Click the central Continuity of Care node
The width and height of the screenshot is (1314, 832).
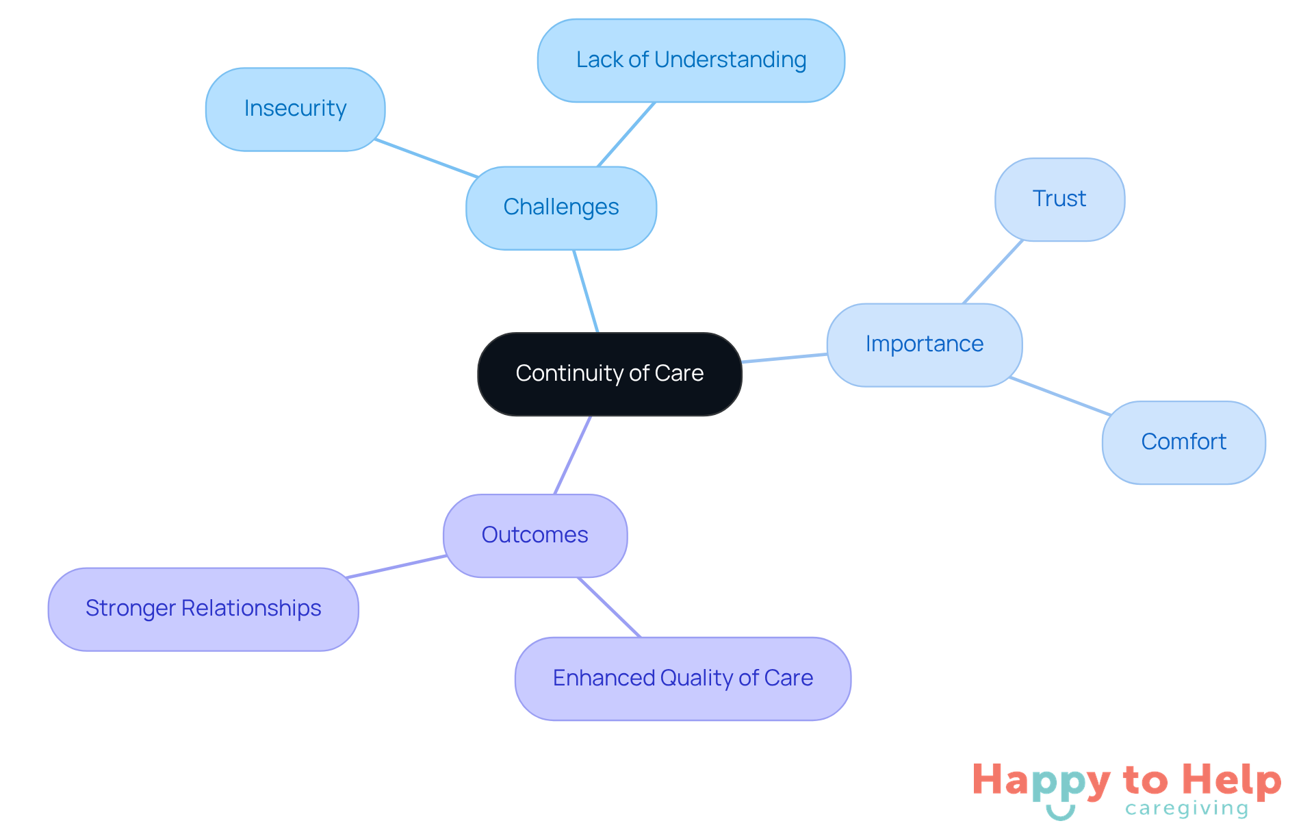point(609,374)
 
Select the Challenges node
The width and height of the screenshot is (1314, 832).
point(561,207)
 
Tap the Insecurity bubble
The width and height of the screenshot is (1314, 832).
point(295,109)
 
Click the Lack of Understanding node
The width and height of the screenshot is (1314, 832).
point(691,60)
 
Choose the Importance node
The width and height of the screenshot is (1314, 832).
point(924,344)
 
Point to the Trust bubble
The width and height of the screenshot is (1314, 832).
point(1059,199)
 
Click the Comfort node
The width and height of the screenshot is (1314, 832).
point(1183,442)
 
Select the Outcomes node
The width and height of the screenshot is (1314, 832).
point(534,535)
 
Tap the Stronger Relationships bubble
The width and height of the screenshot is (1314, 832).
point(203,609)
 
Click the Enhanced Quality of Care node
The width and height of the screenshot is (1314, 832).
point(682,679)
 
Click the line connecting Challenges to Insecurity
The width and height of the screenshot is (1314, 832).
point(426,158)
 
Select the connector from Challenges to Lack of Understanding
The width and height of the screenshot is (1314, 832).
point(626,134)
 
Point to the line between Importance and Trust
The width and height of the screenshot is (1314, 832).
point(992,272)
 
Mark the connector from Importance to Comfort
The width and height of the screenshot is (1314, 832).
point(1059,396)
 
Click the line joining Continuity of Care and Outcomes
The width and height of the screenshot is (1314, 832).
point(572,455)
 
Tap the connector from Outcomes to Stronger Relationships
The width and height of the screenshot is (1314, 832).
point(397,566)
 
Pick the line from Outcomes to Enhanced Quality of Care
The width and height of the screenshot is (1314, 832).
point(609,607)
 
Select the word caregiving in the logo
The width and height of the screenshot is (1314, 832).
point(1187,809)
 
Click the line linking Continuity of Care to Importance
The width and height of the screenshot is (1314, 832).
point(784,358)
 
